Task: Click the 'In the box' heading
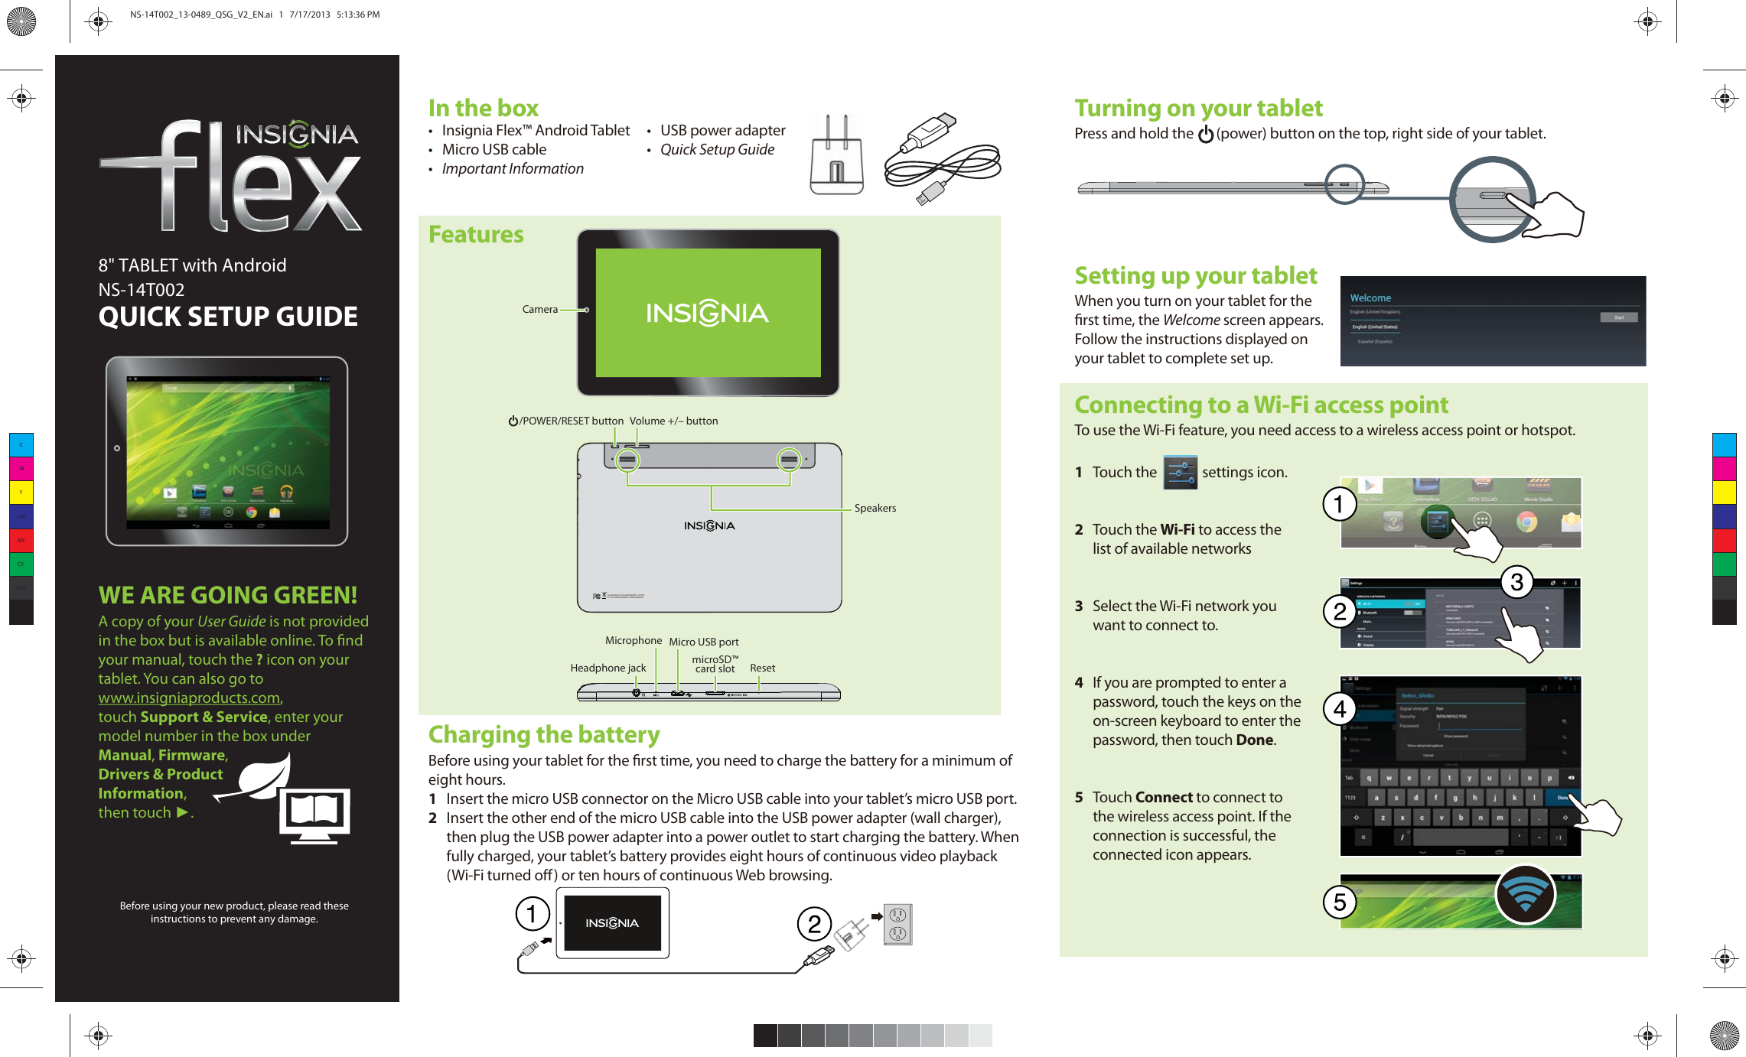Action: click(483, 108)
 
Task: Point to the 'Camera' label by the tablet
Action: click(539, 310)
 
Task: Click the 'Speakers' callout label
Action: click(875, 509)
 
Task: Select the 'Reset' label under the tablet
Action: click(762, 668)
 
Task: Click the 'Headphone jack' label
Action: click(608, 668)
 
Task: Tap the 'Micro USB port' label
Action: click(703, 642)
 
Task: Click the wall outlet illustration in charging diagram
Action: click(897, 924)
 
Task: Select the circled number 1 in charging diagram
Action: click(532, 913)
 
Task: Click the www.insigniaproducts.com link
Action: click(189, 698)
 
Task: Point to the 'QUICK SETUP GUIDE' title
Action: click(228, 317)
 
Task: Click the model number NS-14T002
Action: click(142, 290)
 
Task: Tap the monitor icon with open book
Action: click(314, 815)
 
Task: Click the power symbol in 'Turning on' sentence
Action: click(1205, 135)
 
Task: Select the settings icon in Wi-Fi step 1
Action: click(1180, 473)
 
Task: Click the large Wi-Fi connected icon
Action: click(1525, 895)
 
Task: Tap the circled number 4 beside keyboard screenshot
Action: click(1340, 710)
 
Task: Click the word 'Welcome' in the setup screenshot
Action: click(1370, 298)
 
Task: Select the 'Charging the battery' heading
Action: click(543, 735)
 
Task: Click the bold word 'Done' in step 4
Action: click(1254, 740)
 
